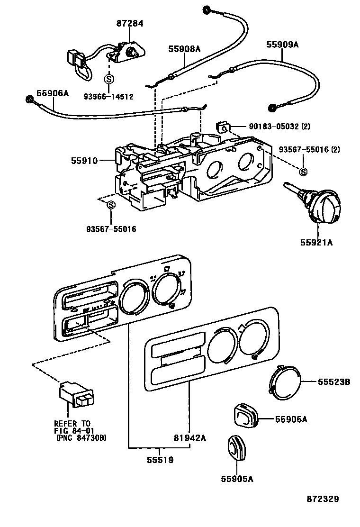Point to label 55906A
tap(53, 93)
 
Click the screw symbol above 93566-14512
tap(108, 79)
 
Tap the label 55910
tap(84, 161)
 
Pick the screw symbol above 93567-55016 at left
tap(111, 205)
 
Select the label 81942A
tap(189, 438)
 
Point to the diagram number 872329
tap(322, 499)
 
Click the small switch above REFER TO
tap(76, 395)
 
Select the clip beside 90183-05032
tap(223, 127)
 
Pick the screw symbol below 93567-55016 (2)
tap(304, 171)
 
